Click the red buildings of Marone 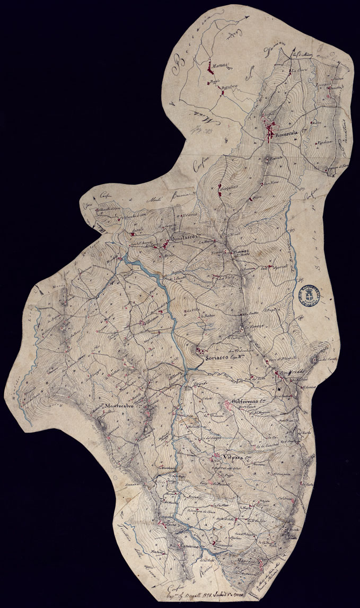pyautogui.click(x=210, y=68)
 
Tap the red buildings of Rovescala pyautogui.click(x=270, y=129)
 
